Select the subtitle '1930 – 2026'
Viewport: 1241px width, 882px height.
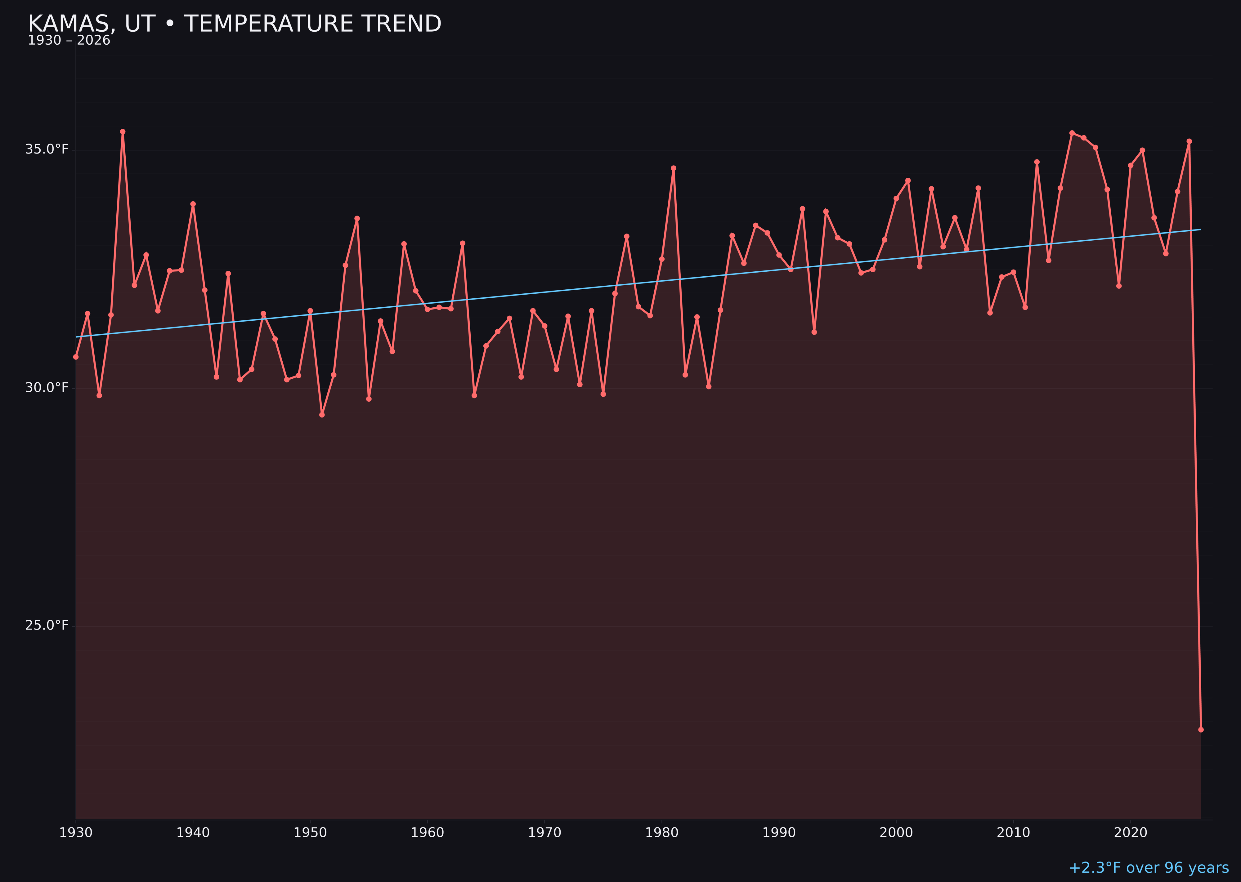(69, 41)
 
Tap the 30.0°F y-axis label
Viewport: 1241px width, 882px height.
(47, 387)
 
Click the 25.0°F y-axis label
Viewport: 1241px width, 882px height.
(47, 625)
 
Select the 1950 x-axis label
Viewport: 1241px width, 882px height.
(310, 833)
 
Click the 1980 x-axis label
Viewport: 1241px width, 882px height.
(662, 833)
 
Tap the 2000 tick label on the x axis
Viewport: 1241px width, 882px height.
(896, 833)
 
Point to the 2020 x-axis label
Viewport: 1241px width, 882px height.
(1131, 833)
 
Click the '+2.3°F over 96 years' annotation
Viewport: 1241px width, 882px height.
(1149, 868)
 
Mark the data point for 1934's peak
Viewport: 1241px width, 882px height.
(123, 131)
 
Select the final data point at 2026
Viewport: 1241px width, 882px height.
(1201, 729)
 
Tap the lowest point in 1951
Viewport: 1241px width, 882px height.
(322, 414)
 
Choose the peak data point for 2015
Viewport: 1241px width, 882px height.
(1072, 133)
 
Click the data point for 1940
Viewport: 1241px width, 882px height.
(193, 204)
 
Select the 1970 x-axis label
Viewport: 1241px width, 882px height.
(544, 833)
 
